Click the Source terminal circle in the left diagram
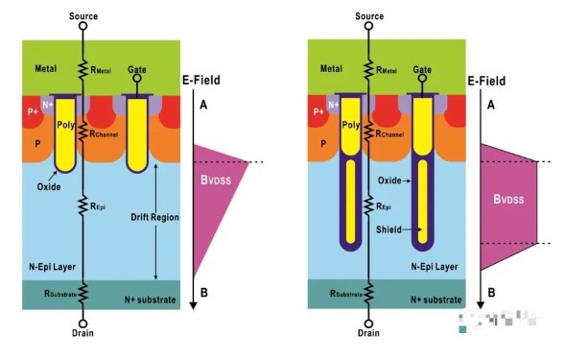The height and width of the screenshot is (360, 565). [82, 26]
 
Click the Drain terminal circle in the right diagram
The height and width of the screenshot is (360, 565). [368, 324]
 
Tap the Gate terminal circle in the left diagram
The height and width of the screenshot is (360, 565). [137, 79]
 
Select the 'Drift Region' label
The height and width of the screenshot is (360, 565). [154, 217]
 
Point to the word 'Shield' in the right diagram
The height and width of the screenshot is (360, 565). [388, 229]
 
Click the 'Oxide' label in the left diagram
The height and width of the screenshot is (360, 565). [49, 187]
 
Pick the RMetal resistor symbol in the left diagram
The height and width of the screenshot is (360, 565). [82, 69]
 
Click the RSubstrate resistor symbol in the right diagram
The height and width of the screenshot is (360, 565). [368, 293]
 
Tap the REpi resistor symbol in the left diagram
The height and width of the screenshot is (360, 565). [82, 205]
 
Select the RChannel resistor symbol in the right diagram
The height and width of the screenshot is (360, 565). [368, 132]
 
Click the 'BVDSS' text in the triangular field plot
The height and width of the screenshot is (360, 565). [216, 180]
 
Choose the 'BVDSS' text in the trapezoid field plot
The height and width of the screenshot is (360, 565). [508, 199]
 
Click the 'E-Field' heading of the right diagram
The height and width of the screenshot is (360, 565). [486, 81]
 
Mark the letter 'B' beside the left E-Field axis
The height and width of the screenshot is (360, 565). [203, 293]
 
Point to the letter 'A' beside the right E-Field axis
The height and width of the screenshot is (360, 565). [491, 105]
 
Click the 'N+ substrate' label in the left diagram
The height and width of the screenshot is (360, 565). [150, 300]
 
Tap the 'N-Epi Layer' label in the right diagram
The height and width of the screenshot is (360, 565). [435, 267]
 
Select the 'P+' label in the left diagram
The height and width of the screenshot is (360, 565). [33, 111]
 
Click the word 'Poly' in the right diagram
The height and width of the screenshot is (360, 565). [350, 125]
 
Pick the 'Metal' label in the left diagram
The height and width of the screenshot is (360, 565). [46, 68]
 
